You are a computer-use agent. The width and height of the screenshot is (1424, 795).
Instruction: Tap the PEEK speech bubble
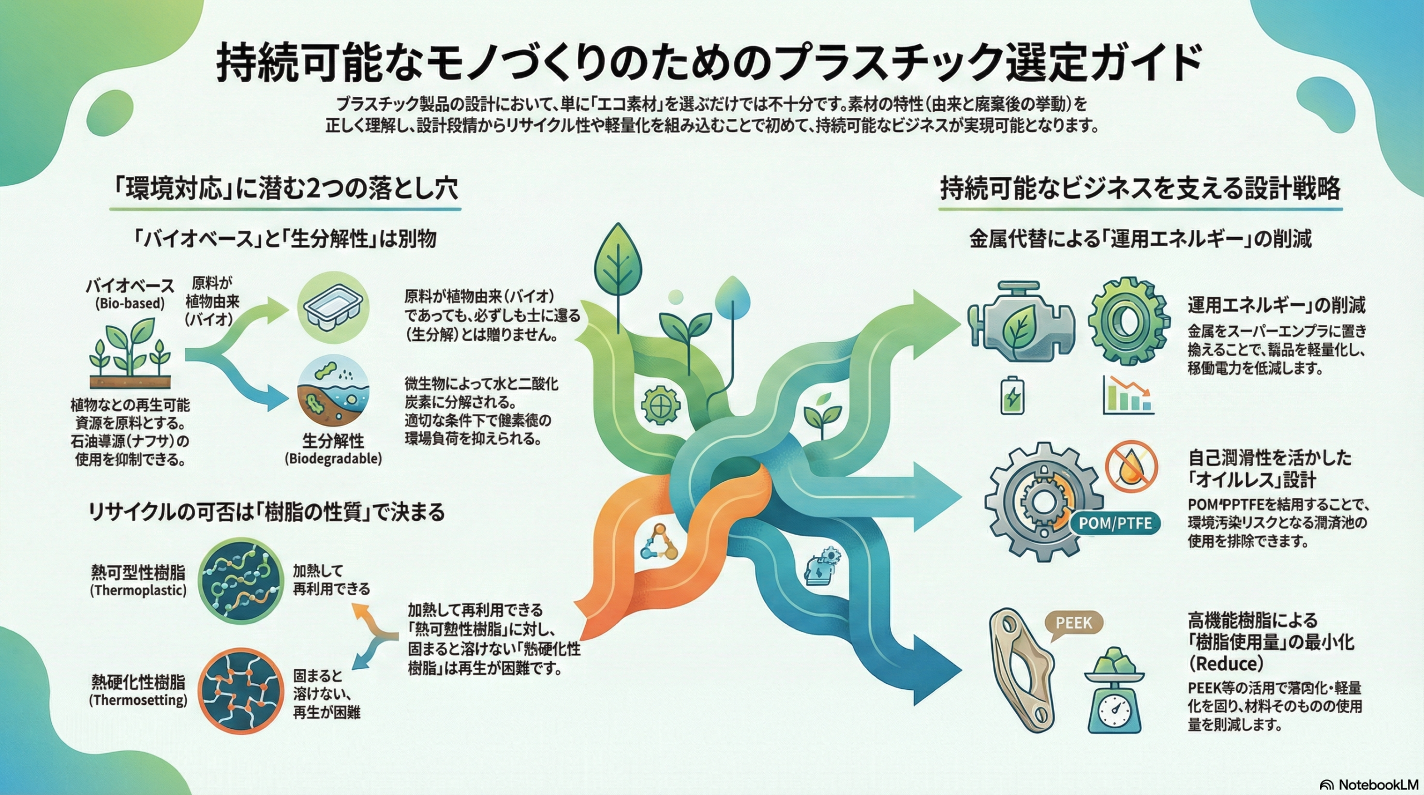[1074, 624]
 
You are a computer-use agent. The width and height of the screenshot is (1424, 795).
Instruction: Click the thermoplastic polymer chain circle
[241, 579]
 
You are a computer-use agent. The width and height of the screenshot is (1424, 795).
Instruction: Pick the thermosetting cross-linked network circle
[241, 692]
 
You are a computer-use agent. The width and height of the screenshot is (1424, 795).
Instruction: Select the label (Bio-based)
[130, 304]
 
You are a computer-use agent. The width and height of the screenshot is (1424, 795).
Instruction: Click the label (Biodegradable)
[333, 459]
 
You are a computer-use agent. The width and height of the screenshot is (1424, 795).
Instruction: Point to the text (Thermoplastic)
[138, 590]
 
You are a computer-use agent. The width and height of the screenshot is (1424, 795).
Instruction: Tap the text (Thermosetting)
[138, 700]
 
